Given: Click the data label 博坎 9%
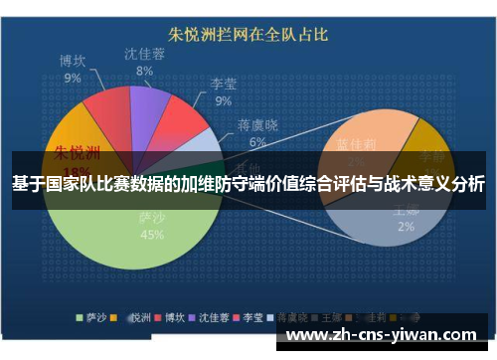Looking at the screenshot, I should [x=73, y=70].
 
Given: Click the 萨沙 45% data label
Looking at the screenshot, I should [x=152, y=227].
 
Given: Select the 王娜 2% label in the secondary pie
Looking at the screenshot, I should [x=406, y=219].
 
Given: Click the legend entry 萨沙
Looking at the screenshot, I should [x=94, y=318].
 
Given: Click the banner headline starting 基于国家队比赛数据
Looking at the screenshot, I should [x=248, y=184].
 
